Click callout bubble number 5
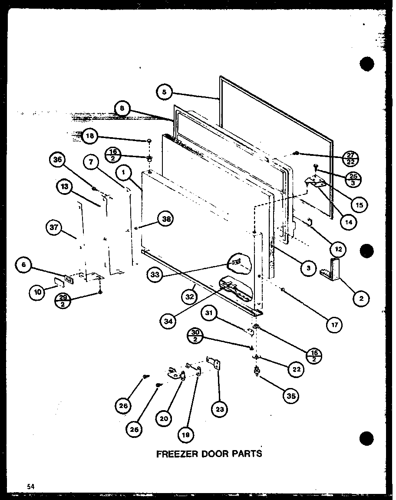click(164, 92)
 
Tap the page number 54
click(30, 486)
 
